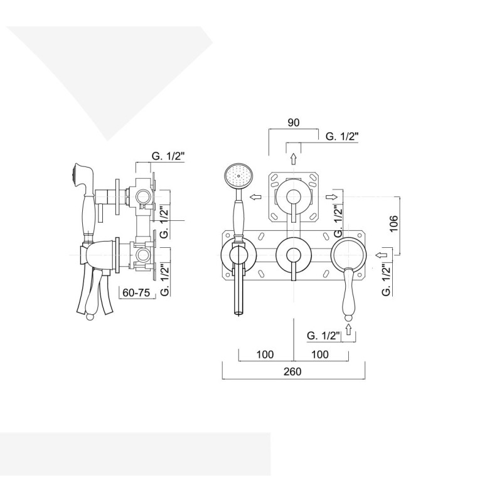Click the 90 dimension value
point(293,122)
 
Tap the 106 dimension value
point(394,223)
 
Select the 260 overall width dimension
point(292,371)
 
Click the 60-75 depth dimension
point(136,292)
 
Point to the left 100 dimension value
point(265,355)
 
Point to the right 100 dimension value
point(320,355)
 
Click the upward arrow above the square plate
point(293,159)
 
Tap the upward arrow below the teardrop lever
point(349,329)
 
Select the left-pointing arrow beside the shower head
point(255,197)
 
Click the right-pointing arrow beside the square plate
point(332,197)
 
